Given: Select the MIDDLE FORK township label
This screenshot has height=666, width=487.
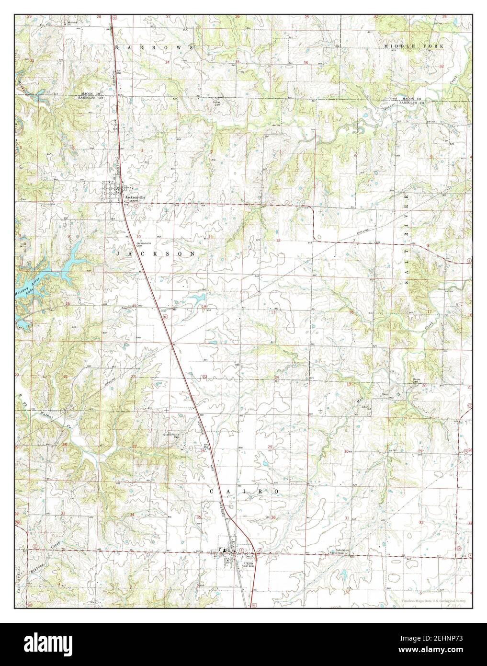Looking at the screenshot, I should click(x=414, y=45).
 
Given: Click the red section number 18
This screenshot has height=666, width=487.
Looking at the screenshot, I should click(x=351, y=312).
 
